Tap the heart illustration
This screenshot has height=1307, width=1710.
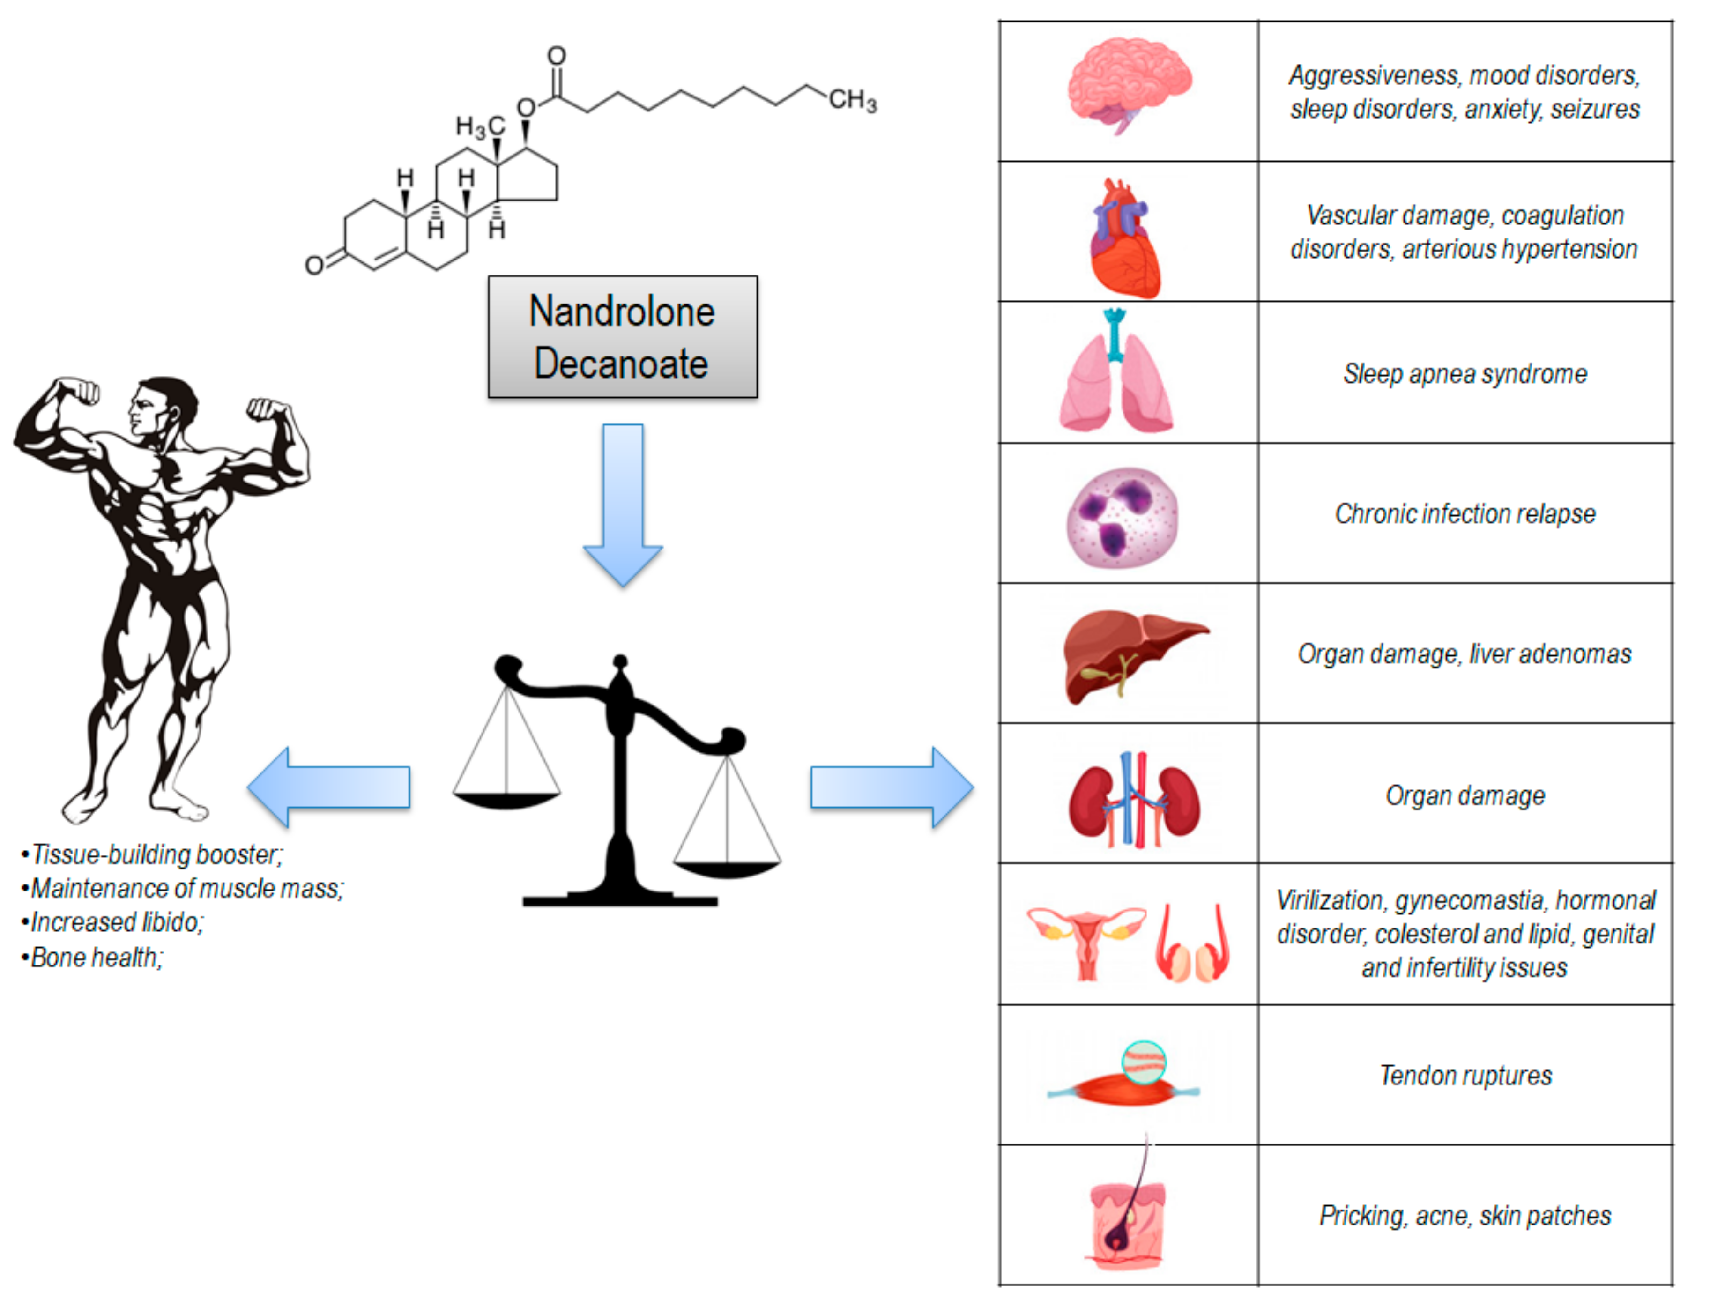[1124, 240]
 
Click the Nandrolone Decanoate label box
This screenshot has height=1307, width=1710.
[622, 337]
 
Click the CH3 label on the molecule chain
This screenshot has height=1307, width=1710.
[852, 100]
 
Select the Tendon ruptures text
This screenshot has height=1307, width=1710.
[1465, 1076]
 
